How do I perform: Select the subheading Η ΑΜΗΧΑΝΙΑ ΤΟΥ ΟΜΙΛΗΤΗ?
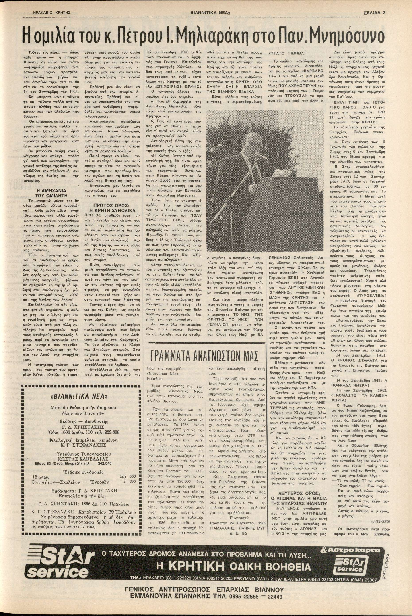51,193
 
